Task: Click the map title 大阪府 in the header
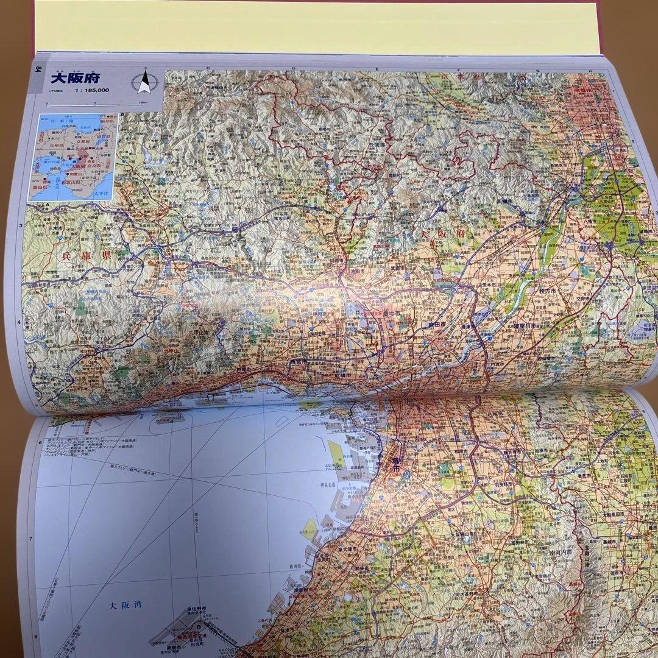coord(76,79)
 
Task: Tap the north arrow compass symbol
coord(144,82)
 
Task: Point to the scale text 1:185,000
coord(93,91)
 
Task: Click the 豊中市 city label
coord(392,313)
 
